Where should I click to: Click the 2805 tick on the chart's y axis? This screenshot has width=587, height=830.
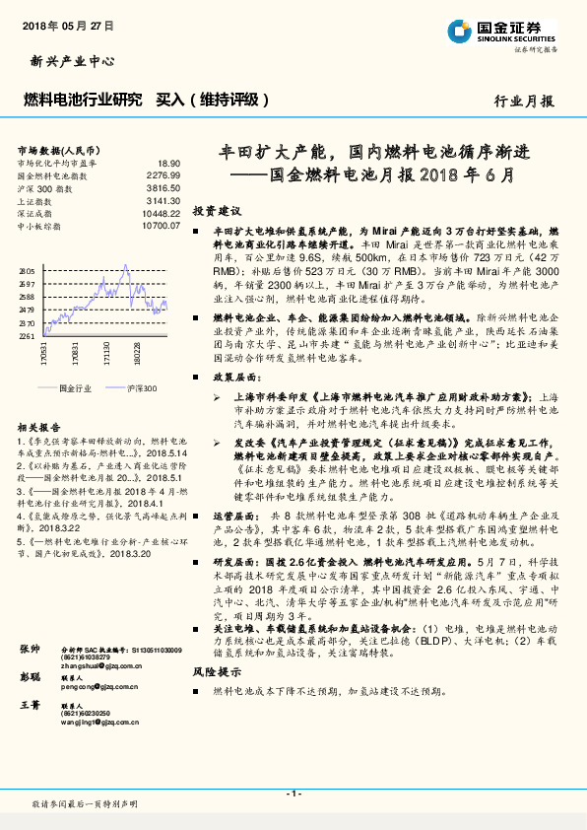(27, 270)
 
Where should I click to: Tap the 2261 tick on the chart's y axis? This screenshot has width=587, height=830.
(27, 335)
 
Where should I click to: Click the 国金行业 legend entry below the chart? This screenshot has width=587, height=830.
(75, 388)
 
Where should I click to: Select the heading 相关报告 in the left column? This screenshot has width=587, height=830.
(37, 427)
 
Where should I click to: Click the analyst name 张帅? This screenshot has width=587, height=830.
(30, 652)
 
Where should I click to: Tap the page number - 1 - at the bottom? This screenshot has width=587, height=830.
(293, 793)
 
